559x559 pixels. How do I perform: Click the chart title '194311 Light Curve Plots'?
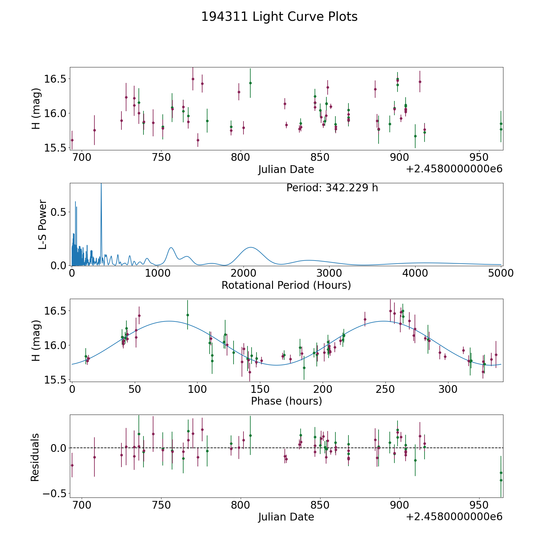[x=279, y=17]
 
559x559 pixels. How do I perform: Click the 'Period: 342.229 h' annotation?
[x=332, y=188]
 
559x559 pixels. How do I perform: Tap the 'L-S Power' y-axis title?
[x=43, y=224]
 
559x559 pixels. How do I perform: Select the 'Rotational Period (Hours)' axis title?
[x=286, y=285]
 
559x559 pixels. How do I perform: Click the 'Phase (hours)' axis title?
[x=286, y=401]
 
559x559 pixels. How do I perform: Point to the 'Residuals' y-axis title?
[x=35, y=457]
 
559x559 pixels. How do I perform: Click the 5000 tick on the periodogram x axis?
[x=501, y=273]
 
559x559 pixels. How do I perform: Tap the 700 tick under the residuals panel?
[x=82, y=505]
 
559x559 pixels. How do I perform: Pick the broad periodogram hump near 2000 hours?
[x=250, y=248]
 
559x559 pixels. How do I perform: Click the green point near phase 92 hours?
[x=188, y=315]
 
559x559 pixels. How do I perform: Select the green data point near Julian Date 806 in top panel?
[x=250, y=83]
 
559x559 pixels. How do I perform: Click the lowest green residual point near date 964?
[x=501, y=480]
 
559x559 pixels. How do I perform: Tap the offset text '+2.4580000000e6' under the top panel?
[x=454, y=169]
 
